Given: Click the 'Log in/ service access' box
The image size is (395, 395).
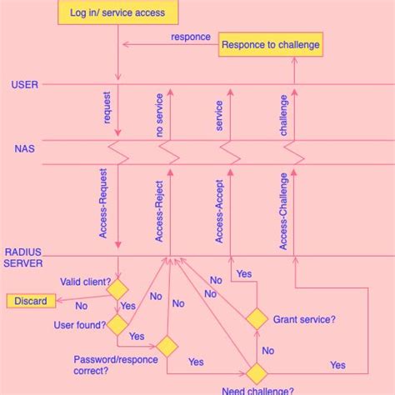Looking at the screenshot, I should point(123,12).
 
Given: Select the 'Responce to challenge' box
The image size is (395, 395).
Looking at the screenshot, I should point(270,44).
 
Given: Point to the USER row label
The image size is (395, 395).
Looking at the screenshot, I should point(23,85).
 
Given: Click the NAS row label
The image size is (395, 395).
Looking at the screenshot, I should point(24,149).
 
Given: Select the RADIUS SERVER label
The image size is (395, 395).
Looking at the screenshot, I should point(23,257).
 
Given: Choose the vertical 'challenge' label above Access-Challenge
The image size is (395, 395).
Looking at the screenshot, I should point(283,115).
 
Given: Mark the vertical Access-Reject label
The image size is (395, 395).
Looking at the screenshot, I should point(159,212).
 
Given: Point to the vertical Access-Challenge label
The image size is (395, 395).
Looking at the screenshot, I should point(283,211).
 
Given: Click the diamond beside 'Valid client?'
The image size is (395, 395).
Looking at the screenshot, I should point(117,289).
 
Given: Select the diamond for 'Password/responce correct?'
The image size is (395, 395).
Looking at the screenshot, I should point(167,346).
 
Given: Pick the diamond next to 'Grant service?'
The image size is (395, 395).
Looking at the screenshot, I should point(257,319).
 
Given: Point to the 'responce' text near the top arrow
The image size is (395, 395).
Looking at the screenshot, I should point(191,37).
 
